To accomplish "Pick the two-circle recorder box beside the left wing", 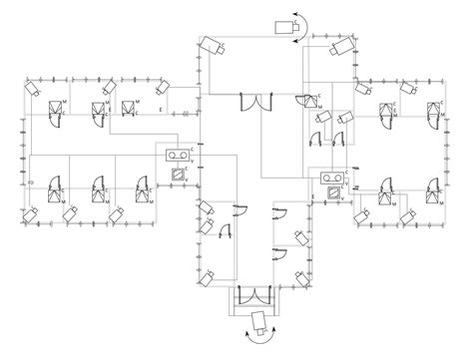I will [179, 154].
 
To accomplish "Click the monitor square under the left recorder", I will [179, 172].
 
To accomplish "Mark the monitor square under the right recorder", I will [330, 195].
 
